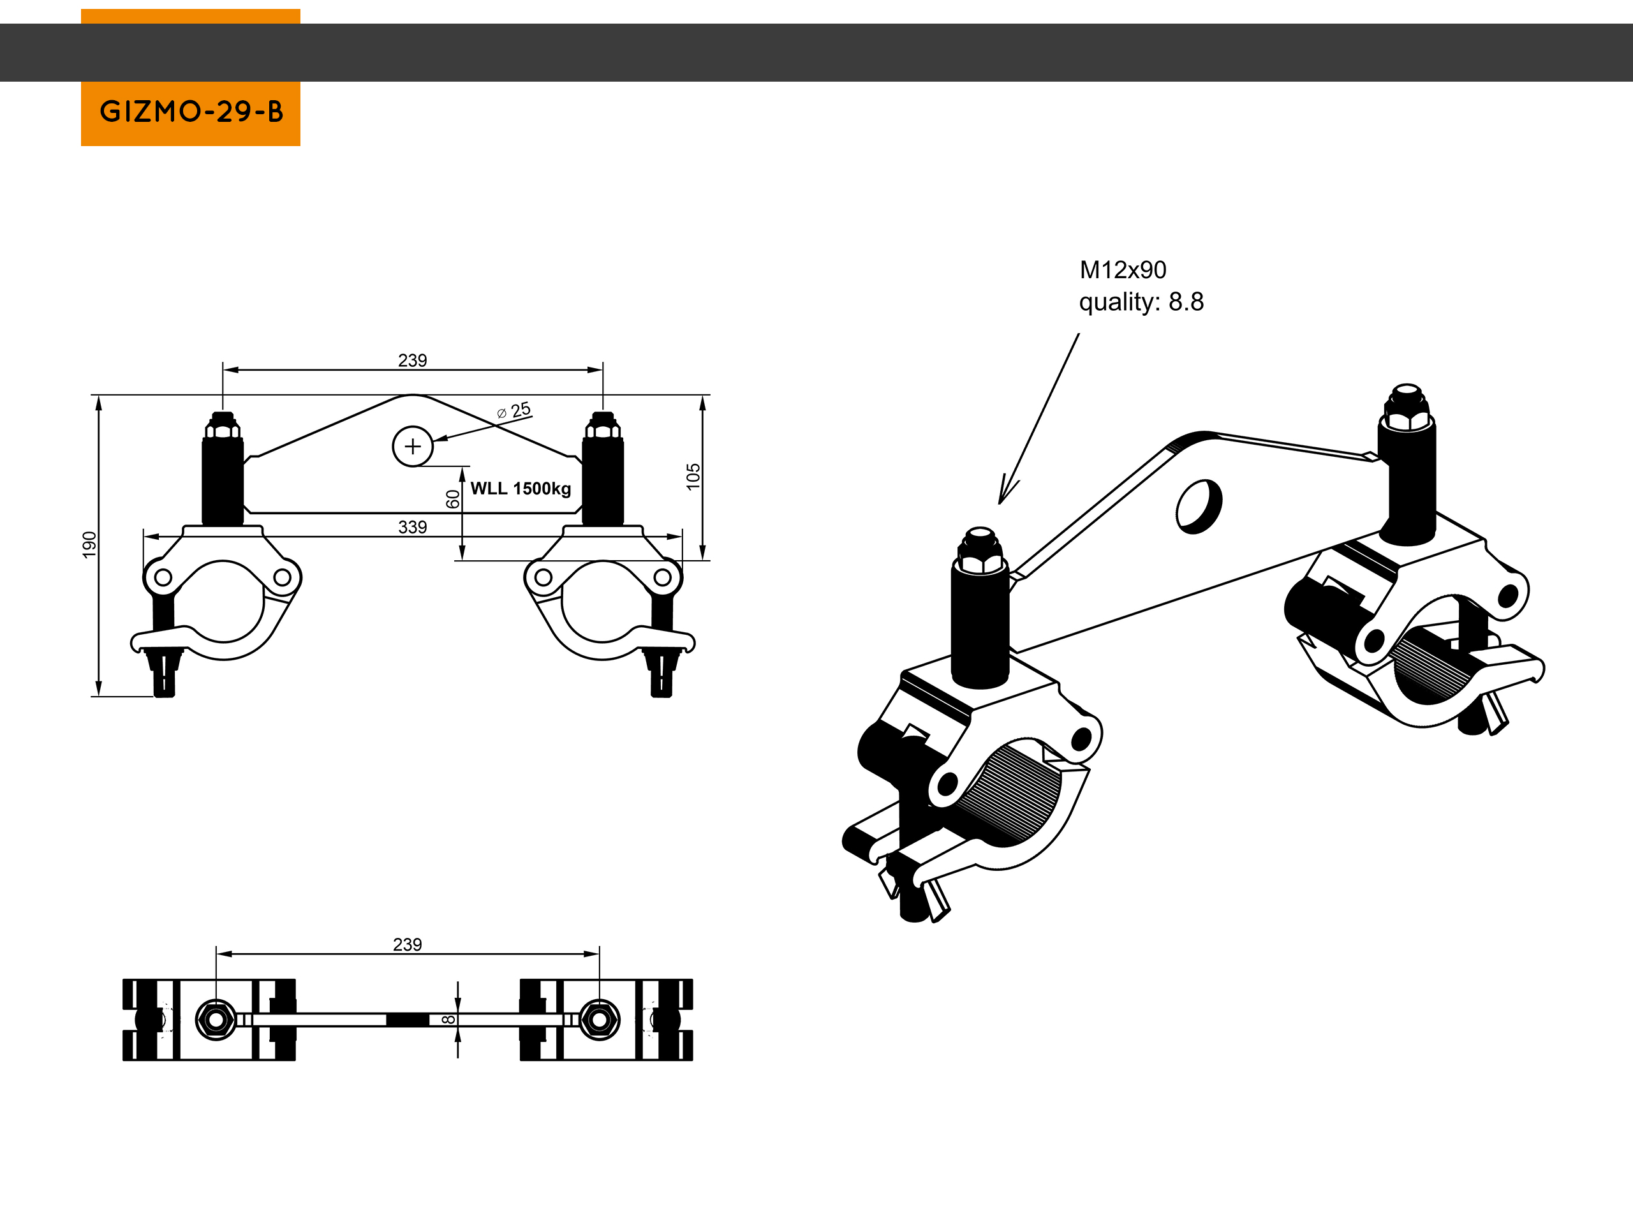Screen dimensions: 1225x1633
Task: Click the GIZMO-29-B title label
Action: point(191,112)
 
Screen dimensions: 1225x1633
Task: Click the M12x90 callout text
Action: point(1123,271)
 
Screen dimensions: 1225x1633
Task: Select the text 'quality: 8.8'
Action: point(1141,302)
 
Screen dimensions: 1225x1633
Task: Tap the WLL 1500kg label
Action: point(521,489)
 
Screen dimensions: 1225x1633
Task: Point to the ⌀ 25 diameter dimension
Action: point(515,410)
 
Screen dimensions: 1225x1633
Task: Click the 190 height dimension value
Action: point(89,545)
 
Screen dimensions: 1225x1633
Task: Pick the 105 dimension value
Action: point(693,476)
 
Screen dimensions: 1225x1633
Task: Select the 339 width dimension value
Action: point(412,527)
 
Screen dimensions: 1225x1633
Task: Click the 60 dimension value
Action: point(452,499)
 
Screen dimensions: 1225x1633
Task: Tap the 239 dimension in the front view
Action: point(412,360)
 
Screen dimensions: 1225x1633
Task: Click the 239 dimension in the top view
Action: point(408,944)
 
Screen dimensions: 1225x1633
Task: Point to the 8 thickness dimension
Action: point(448,1020)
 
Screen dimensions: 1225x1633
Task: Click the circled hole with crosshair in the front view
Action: point(413,446)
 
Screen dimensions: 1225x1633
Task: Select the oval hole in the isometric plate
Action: point(1198,506)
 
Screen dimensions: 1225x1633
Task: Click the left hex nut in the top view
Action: point(216,1020)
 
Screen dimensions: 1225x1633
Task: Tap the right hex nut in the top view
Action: point(599,1020)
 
